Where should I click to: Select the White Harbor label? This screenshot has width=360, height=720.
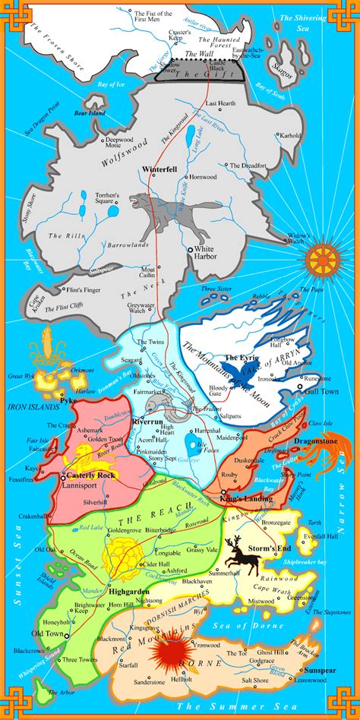tap(205, 252)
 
